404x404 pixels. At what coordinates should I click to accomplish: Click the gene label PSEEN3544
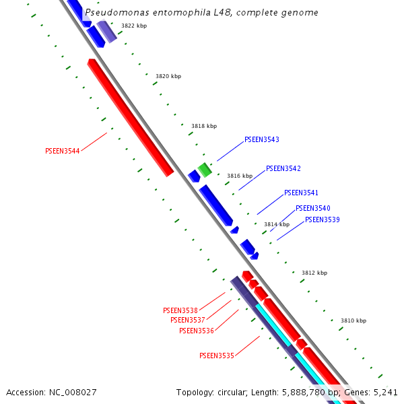62,151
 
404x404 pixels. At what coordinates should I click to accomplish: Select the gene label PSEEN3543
261,140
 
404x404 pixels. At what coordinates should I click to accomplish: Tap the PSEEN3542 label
283,169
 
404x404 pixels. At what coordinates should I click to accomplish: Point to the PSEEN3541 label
301,193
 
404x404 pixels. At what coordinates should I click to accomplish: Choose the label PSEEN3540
312,209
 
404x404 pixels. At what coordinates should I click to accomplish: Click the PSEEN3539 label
322,220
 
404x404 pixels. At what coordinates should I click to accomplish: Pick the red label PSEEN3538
180,311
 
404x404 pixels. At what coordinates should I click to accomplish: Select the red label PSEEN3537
187,321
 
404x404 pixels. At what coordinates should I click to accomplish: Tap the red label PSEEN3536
196,331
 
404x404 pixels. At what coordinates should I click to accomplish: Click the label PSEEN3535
216,356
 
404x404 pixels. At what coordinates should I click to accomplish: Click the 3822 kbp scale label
134,26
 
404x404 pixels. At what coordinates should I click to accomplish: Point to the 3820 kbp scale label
168,77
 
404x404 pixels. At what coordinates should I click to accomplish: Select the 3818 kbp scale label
204,126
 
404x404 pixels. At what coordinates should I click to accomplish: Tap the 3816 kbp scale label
240,176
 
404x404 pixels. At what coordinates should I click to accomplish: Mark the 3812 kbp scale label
314,273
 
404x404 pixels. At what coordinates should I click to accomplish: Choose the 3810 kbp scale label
353,321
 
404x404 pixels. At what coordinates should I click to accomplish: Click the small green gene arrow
205,170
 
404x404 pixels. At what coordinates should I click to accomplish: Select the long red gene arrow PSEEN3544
130,117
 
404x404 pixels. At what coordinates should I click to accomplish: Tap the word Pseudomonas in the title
112,13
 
